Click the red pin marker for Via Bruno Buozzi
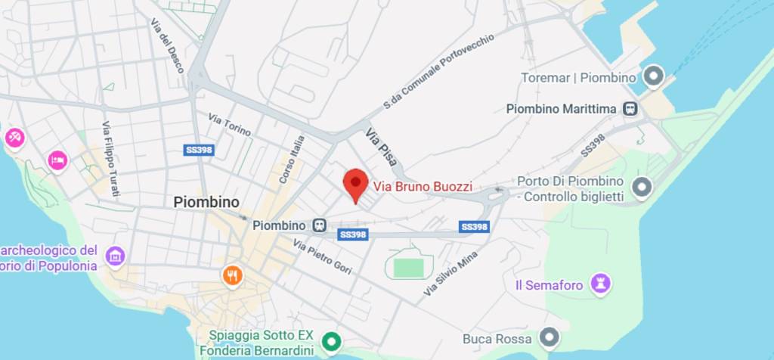click(x=355, y=184)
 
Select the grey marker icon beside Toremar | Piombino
click(x=652, y=76)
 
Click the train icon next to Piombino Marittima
click(x=630, y=109)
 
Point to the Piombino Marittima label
click(x=560, y=109)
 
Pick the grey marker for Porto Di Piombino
click(x=642, y=186)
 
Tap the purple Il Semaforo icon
click(x=601, y=284)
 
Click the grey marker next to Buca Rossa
click(x=550, y=338)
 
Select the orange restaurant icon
click(x=232, y=276)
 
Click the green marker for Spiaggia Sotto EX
click(x=330, y=343)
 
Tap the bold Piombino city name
click(x=206, y=202)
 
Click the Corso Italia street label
click(x=292, y=159)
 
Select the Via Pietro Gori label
click(x=323, y=257)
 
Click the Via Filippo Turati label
click(x=110, y=158)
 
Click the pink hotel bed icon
click(x=57, y=160)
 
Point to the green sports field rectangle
click(x=408, y=266)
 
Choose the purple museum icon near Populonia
click(x=114, y=256)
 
